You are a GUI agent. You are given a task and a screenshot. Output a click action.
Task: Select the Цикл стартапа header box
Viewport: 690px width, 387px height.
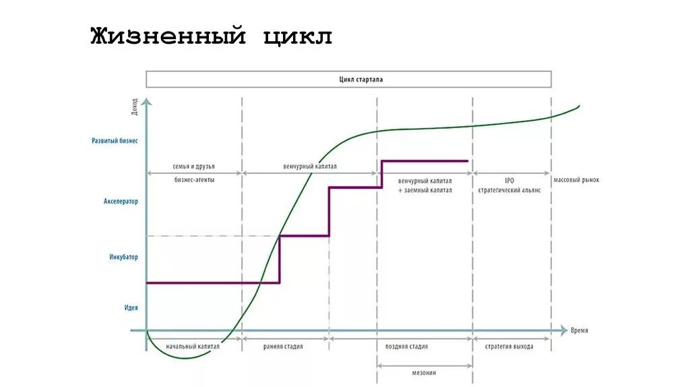tap(348, 80)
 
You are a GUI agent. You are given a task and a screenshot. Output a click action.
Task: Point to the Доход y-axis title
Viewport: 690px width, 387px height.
tap(135, 107)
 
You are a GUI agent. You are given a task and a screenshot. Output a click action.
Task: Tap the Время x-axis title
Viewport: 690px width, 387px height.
tap(579, 330)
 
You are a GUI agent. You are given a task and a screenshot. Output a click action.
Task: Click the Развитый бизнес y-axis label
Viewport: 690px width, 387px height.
tap(115, 142)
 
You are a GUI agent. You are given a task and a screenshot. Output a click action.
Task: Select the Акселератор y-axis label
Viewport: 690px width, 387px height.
tap(121, 202)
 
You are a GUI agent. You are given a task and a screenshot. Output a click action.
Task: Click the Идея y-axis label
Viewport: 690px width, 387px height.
tap(131, 307)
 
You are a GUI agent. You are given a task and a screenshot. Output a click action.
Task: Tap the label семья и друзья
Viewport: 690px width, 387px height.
tap(194, 166)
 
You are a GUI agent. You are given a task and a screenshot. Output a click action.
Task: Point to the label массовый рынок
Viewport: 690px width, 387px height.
tap(576, 181)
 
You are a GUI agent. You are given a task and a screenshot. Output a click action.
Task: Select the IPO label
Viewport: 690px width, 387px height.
tap(509, 181)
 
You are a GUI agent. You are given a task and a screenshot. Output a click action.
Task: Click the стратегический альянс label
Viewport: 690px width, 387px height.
tap(509, 190)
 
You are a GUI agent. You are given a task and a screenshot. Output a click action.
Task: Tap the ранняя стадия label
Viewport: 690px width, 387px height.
tap(283, 347)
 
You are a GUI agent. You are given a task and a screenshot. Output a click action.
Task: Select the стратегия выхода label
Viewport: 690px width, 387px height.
tap(509, 347)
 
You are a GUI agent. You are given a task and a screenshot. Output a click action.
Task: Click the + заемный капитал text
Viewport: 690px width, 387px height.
tap(425, 190)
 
